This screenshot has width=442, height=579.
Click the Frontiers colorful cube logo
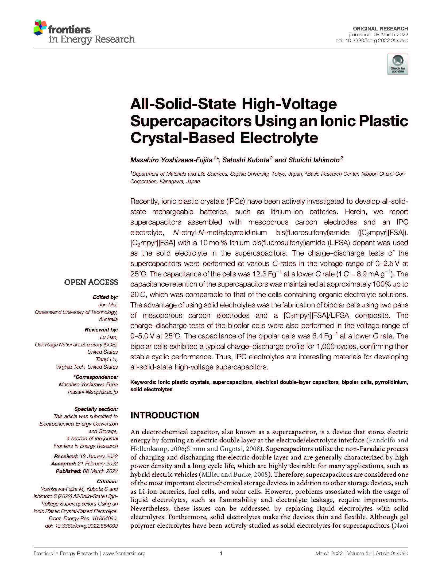pos(40,28)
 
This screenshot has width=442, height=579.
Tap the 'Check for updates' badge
pos(397,64)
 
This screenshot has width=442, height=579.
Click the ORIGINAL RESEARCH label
pos(380,29)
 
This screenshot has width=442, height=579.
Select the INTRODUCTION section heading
pos(164,415)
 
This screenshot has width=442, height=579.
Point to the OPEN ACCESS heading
pos(91,282)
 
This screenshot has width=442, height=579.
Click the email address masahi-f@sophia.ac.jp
pos(93,392)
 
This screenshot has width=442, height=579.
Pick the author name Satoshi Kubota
pos(246,160)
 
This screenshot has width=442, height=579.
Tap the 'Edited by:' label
pos(105,297)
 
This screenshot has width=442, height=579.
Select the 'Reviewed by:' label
pos(101,330)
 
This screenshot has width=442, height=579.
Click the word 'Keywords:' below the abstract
pos(143,382)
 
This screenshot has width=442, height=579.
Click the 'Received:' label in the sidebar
pos(66,456)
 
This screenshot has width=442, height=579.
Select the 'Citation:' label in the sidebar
pos(107,481)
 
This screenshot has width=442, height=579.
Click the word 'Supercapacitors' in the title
pos(191,121)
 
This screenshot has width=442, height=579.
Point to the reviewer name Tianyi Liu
pos(107,359)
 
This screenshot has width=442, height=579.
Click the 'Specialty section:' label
pos(96,409)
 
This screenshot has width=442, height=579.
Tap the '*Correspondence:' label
pos(95,377)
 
